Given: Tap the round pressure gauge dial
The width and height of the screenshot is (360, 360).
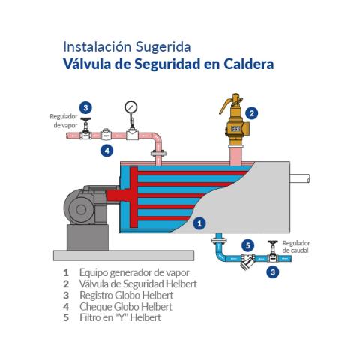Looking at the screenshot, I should click(132, 106).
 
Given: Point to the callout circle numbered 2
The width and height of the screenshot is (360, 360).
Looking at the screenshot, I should click(253, 113).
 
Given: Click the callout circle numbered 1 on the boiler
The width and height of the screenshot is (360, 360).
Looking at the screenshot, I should click(199, 223).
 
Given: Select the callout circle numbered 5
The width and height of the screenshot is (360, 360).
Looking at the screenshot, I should click(249, 244).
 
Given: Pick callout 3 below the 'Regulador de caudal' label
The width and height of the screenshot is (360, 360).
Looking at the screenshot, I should click(274, 271).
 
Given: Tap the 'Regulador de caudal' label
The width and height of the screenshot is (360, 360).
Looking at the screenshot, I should click(295, 247).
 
